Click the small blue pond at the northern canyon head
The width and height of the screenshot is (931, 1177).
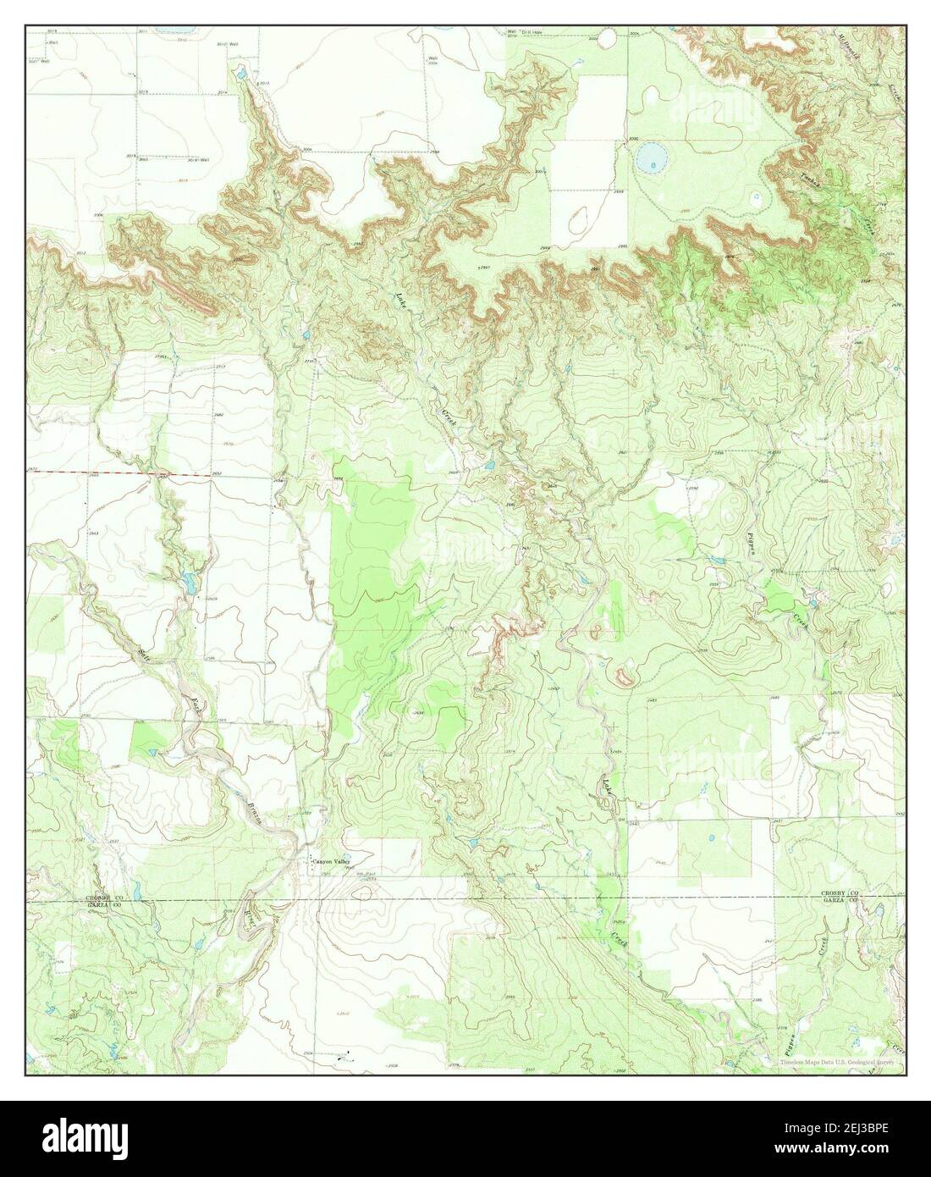pos(241,76)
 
